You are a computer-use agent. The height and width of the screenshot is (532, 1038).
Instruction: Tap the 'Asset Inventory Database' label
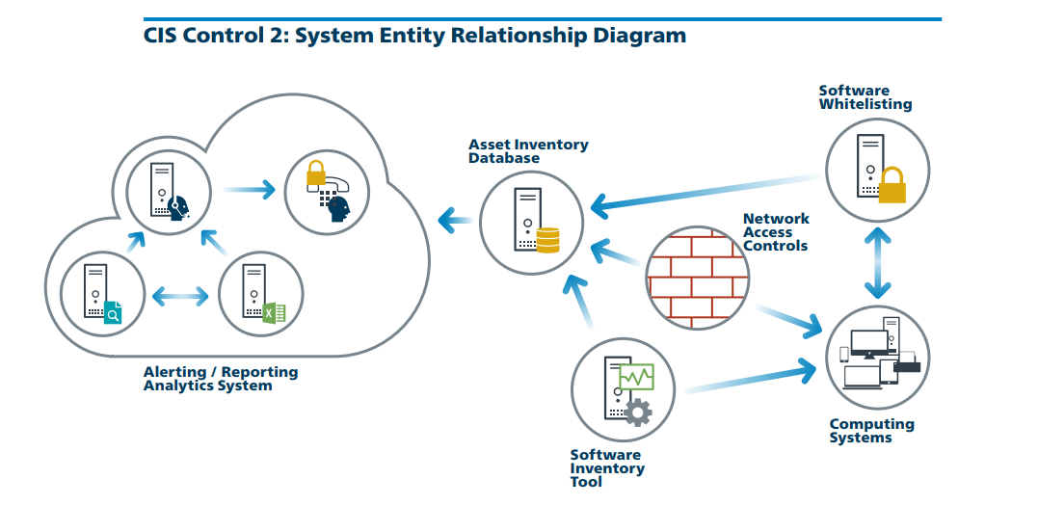[x=528, y=151]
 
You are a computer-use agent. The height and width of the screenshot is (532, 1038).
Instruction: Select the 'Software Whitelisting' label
[x=865, y=97]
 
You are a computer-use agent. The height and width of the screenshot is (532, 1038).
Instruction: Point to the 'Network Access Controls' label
[x=776, y=232]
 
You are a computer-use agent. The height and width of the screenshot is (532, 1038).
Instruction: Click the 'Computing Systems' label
[x=871, y=431]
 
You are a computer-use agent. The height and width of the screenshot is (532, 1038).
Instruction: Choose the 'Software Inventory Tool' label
[x=607, y=467]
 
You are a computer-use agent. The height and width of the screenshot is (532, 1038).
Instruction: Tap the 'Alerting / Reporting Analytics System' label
[x=221, y=379]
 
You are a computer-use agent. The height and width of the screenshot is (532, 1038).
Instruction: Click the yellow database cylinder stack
[x=547, y=239]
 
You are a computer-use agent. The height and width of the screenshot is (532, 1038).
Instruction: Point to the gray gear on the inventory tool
[x=637, y=412]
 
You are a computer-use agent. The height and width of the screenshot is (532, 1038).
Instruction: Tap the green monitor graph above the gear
[x=636, y=377]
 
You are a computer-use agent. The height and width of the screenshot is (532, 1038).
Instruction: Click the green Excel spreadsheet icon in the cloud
[x=274, y=312]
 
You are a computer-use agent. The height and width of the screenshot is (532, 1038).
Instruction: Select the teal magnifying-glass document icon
[x=113, y=312]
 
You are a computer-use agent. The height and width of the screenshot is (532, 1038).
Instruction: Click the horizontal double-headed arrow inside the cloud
[x=180, y=297]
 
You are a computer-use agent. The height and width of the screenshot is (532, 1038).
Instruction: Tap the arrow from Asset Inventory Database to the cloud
[x=454, y=221]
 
